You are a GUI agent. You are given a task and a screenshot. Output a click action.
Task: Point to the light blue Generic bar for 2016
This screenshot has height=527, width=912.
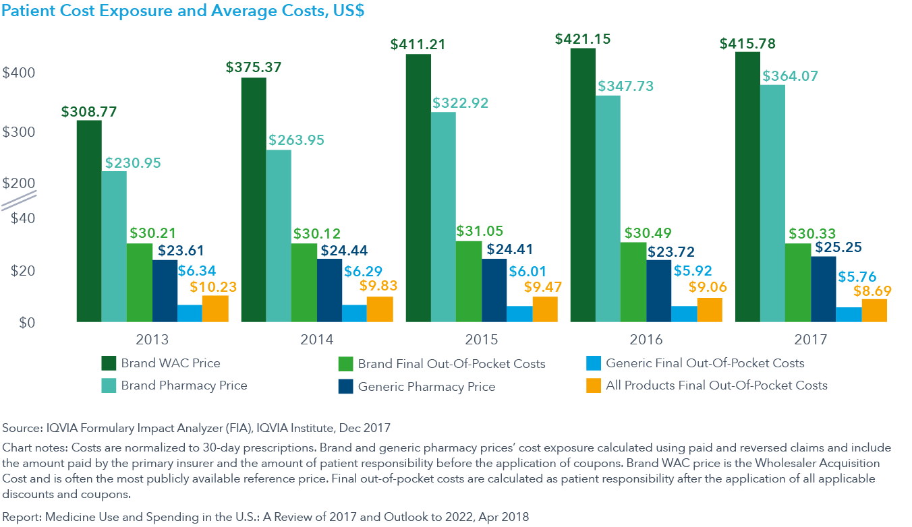[x=684, y=314]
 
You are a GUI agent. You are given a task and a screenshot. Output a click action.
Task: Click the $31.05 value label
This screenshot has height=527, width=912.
[x=480, y=231]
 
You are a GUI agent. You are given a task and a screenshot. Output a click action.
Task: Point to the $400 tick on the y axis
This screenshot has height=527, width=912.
[x=19, y=72]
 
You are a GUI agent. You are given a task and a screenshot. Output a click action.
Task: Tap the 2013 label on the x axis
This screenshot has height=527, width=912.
[x=152, y=339]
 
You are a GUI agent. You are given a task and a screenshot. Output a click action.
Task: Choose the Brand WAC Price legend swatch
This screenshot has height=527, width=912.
[x=109, y=364]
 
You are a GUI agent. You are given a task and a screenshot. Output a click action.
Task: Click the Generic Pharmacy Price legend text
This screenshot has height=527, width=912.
[x=426, y=387]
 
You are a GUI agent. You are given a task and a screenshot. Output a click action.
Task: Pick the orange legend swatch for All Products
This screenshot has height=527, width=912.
[x=594, y=385]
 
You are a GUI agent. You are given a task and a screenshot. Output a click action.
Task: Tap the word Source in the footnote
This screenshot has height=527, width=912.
[x=20, y=428]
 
